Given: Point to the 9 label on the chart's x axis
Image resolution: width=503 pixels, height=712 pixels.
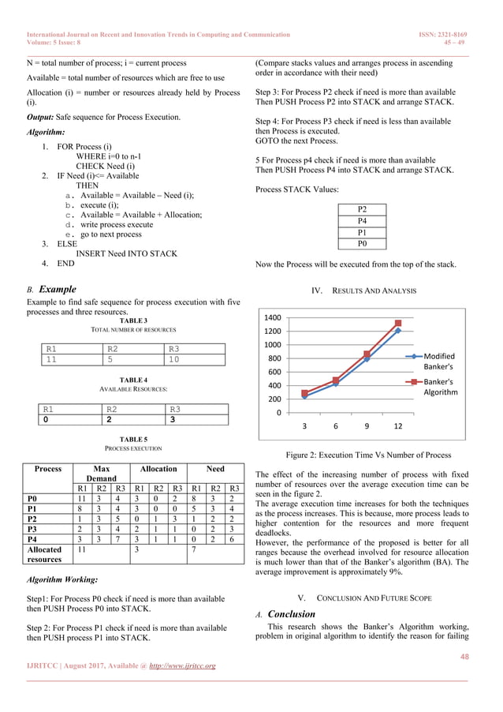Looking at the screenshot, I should coord(367,426).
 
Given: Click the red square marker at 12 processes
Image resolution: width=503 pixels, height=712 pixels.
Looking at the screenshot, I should coord(398,323).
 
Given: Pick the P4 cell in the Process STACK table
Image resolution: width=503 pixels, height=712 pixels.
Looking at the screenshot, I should coord(362,221).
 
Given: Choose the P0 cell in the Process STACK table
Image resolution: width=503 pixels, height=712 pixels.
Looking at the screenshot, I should coord(362,245).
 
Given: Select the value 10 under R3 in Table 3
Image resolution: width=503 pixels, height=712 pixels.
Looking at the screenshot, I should coord(176,359).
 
